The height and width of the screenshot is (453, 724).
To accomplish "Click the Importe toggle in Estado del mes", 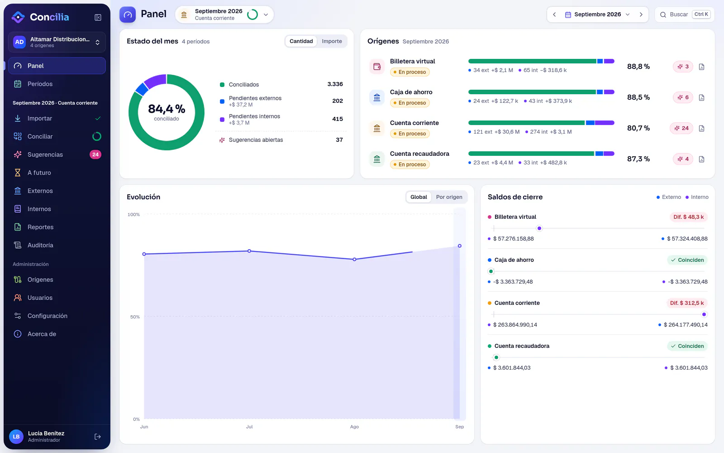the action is (332, 41).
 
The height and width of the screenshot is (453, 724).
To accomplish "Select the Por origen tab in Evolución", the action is (449, 197).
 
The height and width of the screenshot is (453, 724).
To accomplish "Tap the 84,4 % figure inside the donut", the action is (167, 109).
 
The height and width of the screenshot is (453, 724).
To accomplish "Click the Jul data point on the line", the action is (249, 251).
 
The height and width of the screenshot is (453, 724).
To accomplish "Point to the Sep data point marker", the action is (460, 246).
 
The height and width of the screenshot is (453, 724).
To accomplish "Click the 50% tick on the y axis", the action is (135, 317).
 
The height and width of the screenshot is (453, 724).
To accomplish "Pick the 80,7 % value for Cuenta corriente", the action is (638, 128).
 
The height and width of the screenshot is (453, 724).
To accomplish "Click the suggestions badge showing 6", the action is (683, 97).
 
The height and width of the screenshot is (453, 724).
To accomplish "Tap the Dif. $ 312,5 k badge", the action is (687, 303).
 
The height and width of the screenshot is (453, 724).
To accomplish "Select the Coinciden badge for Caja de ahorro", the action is (687, 260).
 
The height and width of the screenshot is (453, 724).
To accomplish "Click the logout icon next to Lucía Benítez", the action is (98, 437).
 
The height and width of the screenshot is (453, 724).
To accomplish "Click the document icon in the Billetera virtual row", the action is (701, 67).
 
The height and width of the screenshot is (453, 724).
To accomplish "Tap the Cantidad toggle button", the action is (301, 41).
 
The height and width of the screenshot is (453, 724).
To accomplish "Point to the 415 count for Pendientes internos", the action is (338, 119).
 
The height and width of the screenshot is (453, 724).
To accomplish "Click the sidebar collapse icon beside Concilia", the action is (98, 17).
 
